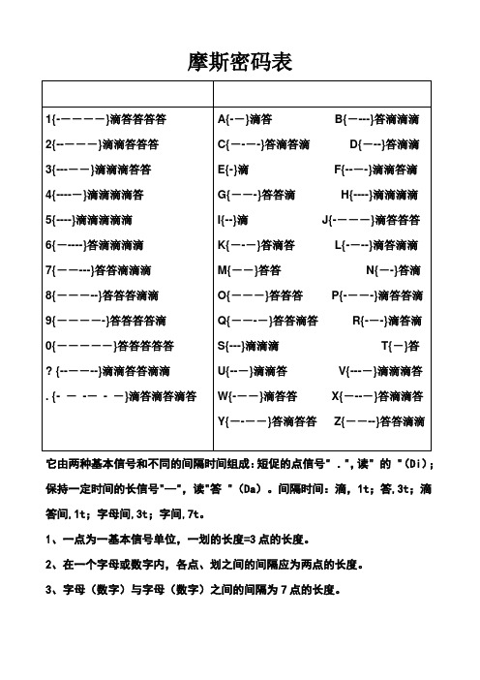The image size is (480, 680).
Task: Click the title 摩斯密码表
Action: click(x=239, y=63)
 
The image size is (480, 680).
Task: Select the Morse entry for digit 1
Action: click(x=106, y=119)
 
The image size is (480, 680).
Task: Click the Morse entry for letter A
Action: click(x=246, y=119)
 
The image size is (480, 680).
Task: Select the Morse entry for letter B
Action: click(x=377, y=119)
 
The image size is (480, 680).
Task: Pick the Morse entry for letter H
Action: click(x=380, y=195)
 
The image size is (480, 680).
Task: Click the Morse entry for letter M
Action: click(x=250, y=270)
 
